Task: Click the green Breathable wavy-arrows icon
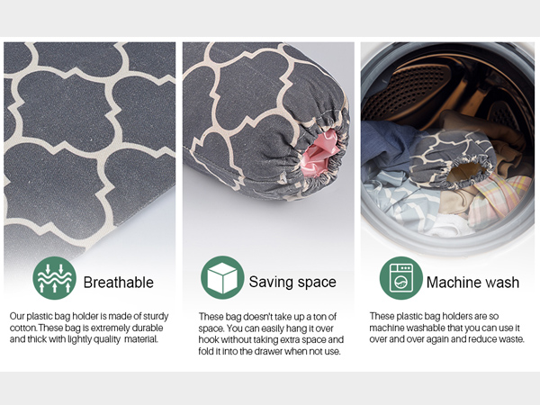pos(54,278)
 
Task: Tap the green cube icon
pos(222,277)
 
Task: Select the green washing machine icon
pos(400,278)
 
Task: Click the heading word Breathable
pos(119,283)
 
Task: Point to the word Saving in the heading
pos(271,282)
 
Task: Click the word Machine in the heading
pos(452,283)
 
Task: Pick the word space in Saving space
pos(317,283)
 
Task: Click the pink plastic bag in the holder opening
pos(319,154)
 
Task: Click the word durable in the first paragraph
pos(148,328)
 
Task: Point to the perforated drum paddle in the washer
pos(407,89)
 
